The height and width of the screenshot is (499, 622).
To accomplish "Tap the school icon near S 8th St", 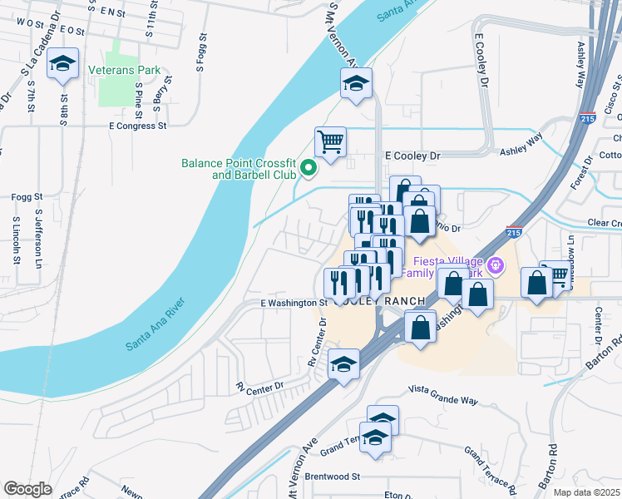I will [x=62, y=64].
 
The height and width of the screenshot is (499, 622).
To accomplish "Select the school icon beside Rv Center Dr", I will [x=343, y=364].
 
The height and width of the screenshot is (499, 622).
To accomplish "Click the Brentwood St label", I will [x=331, y=477].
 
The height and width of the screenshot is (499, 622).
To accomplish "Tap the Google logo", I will [x=27, y=489].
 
